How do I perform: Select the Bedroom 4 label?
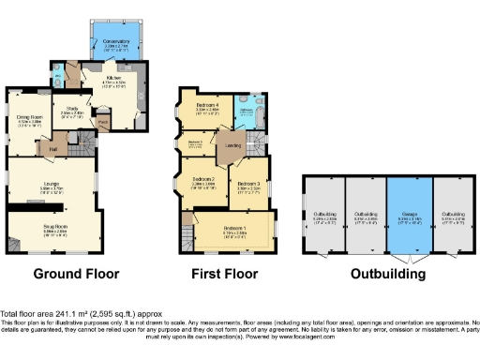point(207,106)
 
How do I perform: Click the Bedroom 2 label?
point(204,181)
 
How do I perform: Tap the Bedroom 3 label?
point(247,185)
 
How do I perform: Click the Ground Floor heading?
point(77,275)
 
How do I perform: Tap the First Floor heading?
point(226,275)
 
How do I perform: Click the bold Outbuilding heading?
point(387,275)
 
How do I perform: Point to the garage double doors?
point(409,254)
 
